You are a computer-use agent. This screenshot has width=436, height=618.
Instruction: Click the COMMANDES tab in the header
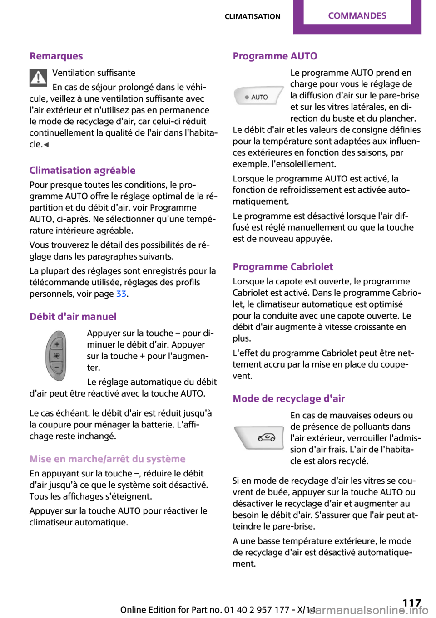(357, 16)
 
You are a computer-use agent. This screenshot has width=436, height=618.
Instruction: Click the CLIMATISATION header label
(253, 17)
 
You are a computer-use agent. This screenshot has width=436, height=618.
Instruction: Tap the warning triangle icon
(39, 78)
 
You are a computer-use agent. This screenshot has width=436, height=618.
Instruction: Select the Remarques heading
(56, 56)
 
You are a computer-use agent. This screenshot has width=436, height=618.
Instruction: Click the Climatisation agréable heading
(82, 171)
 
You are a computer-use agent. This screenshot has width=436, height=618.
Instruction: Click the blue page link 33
(121, 294)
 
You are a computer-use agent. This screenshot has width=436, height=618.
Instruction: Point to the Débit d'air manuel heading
(73, 317)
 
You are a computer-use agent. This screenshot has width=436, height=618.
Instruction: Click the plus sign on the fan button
(57, 344)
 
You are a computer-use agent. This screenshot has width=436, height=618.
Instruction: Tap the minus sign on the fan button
(57, 367)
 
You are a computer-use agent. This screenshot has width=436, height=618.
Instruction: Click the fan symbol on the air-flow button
(57, 356)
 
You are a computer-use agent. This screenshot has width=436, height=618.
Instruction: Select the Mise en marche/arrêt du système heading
(108, 459)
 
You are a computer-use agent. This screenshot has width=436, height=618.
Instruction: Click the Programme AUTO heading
(275, 56)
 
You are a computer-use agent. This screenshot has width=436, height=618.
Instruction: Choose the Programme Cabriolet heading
(283, 267)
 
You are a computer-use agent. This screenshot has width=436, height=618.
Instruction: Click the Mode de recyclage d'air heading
(289, 399)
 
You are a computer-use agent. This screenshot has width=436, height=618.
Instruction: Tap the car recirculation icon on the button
(267, 438)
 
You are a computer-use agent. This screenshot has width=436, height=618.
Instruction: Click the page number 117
(411, 603)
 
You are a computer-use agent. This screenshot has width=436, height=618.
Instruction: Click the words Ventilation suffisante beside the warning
(94, 73)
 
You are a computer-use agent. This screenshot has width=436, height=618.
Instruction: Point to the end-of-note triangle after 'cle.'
(46, 145)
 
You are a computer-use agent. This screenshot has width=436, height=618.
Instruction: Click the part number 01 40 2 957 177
(257, 610)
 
